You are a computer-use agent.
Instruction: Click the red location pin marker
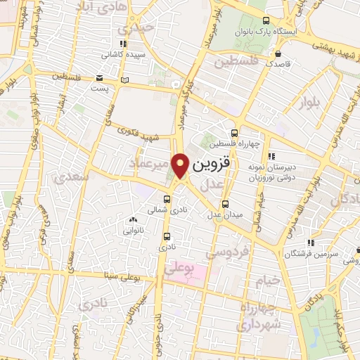[181, 165]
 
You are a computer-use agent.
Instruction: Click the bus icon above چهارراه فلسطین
[235, 133]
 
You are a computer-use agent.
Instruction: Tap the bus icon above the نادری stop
[167, 236]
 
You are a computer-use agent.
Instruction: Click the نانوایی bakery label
[134, 230]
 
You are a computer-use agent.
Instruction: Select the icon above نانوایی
[134, 220]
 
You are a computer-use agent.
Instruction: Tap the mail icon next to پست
[99, 77]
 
